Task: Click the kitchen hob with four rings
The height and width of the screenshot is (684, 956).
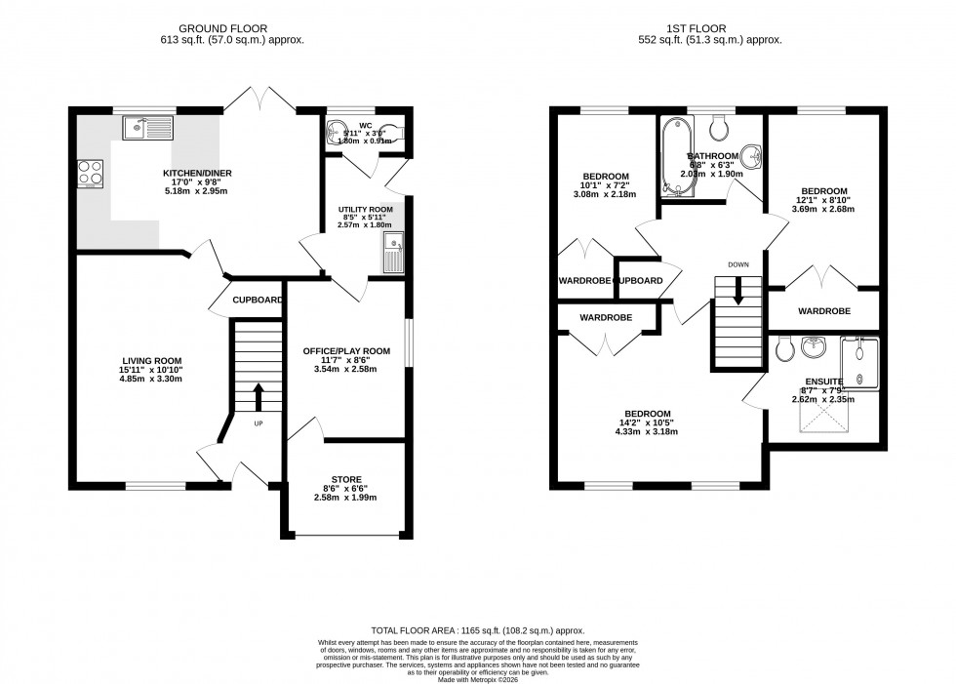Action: pos(91,173)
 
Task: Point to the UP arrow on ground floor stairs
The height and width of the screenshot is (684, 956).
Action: pos(259,398)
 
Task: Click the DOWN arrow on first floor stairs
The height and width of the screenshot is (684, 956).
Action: pos(737,291)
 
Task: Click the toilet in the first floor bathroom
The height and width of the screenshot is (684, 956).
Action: pos(721,128)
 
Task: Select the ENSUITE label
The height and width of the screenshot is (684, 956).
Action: pos(824,382)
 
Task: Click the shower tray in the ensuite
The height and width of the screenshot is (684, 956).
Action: pos(859,363)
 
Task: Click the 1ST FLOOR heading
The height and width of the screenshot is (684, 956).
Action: pos(712,28)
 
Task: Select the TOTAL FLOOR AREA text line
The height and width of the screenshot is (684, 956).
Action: pos(477,631)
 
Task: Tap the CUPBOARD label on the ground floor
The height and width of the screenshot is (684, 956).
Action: pos(258,300)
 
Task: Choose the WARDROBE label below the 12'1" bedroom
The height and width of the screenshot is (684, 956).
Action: pos(823,311)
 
